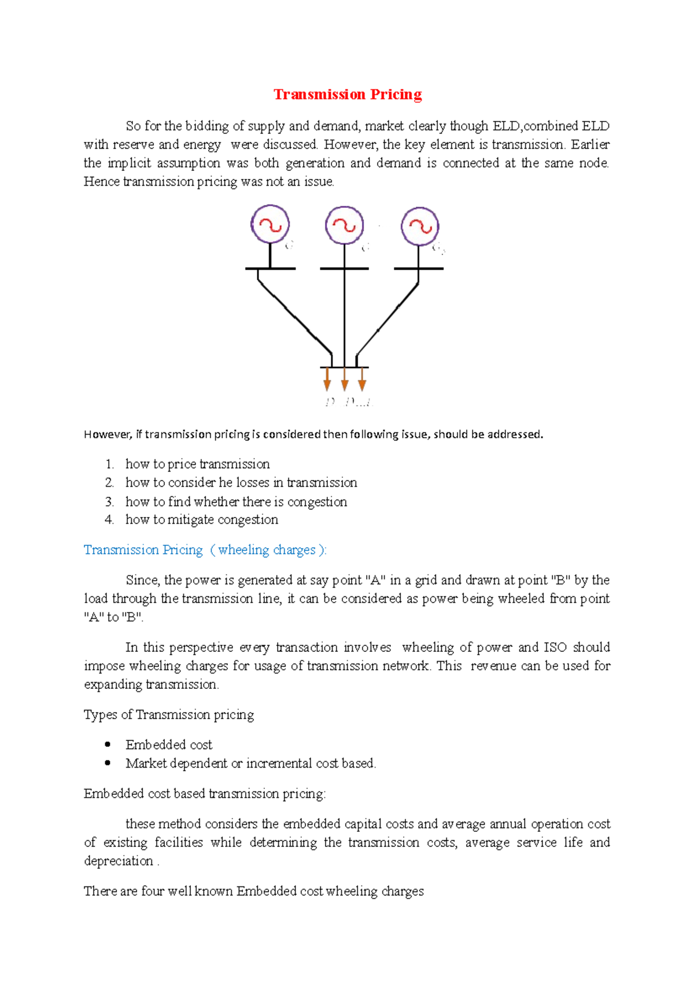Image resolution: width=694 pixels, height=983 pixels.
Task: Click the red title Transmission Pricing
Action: coord(348,94)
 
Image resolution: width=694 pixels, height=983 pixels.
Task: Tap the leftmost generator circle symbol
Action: coord(270,224)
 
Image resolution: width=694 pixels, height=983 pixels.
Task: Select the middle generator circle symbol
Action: coord(344,225)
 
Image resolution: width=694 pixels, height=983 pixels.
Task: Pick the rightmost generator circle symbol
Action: coord(420,226)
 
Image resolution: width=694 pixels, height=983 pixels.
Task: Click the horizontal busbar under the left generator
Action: coord(270,269)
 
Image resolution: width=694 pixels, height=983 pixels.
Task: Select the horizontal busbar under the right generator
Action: coord(419,269)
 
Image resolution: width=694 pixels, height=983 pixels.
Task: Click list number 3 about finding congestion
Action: coord(109,502)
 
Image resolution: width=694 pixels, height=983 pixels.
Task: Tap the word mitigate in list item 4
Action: coord(191,520)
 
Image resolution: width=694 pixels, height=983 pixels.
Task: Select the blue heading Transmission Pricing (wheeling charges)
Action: coord(205,550)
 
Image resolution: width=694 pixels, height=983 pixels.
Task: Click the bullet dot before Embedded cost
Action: coord(108,744)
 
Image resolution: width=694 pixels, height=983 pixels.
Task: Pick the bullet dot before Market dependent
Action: coord(108,763)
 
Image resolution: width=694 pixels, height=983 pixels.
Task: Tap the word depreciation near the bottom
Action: coord(118,861)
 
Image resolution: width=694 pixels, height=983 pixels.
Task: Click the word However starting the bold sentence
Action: coord(108,435)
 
